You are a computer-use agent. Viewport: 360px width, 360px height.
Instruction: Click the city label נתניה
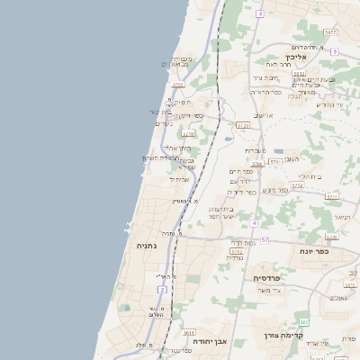pyautogui.click(x=147, y=246)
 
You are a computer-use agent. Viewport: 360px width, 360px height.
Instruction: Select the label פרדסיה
pyautogui.click(x=268, y=279)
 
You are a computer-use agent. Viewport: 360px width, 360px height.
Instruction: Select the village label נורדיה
pyautogui.click(x=234, y=258)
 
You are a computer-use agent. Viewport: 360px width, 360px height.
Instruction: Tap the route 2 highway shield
pyautogui.click(x=162, y=289)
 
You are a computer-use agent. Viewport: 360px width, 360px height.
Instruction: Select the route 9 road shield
pyautogui.click(x=334, y=52)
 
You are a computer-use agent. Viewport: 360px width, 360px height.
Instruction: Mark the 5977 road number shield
pyautogui.click(x=331, y=31)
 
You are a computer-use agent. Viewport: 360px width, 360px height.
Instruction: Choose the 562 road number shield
pyautogui.click(x=304, y=321)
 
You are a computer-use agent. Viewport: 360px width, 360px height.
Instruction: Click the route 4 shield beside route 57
pyautogui.click(x=255, y=222)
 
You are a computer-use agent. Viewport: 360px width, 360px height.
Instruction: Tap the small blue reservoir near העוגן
pyautogui.click(x=278, y=151)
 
